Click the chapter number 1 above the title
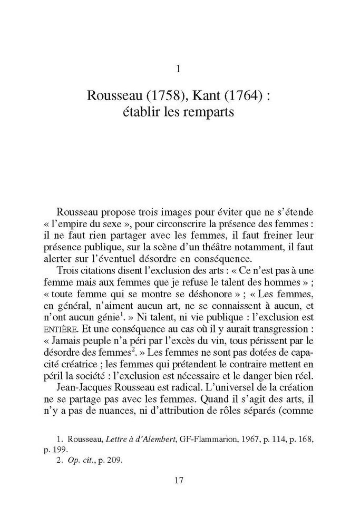pyautogui.click(x=180, y=69)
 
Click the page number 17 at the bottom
pyautogui.click(x=179, y=480)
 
